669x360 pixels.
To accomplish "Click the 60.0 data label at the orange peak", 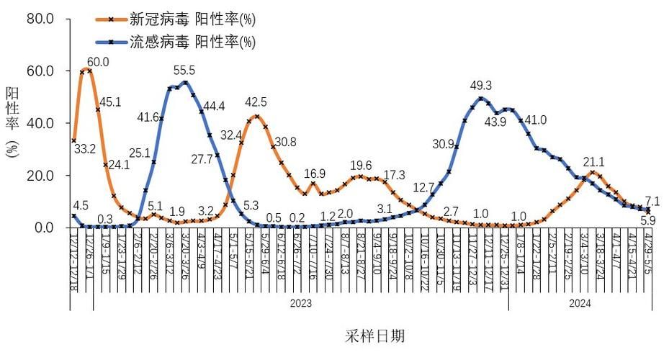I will click(x=99, y=62).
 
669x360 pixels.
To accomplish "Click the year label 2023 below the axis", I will click(x=300, y=304).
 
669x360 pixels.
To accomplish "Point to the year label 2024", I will click(x=580, y=304).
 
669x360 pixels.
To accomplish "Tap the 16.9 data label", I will click(x=314, y=174).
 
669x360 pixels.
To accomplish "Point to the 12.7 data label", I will click(x=423, y=188).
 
